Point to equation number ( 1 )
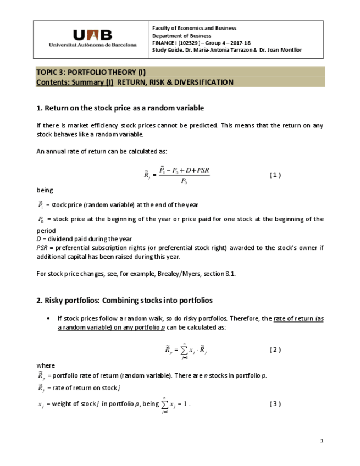click(x=275, y=175)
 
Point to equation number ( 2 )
click(x=275, y=350)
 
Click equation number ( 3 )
click(x=275, y=404)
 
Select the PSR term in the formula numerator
click(x=200, y=171)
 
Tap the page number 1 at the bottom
click(x=322, y=441)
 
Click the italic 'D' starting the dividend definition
click(x=38, y=239)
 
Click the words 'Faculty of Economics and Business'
click(x=194, y=28)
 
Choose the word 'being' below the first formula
click(x=45, y=190)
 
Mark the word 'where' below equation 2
click(x=45, y=365)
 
